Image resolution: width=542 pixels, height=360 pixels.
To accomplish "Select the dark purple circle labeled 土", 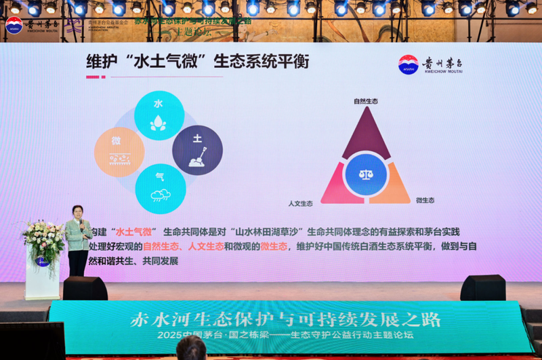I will [x=197, y=149].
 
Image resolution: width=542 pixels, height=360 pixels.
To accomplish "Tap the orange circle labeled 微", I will [x=119, y=151].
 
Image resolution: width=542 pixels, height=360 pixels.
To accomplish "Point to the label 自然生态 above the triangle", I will [x=365, y=101].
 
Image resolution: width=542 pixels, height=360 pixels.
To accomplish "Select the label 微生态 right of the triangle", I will [x=425, y=201].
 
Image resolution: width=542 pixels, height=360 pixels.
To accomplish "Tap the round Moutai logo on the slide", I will [x=408, y=65].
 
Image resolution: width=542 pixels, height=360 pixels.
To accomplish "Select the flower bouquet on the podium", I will [x=43, y=237].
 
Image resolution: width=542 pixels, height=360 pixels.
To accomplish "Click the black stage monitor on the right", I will [x=482, y=287].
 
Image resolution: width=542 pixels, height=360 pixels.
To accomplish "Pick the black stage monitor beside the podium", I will [x=85, y=288].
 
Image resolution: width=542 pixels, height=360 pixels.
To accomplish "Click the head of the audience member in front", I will [x=191, y=349].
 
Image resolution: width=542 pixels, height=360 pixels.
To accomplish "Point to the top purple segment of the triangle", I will [x=365, y=132].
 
